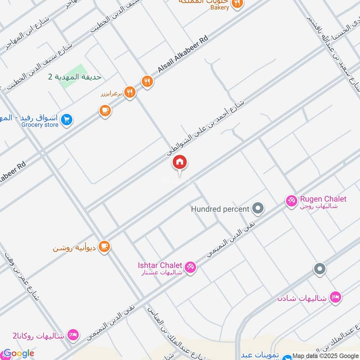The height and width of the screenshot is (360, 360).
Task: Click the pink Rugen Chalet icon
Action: pos(292,201)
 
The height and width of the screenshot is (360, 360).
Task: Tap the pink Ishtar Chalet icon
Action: pos(190,267)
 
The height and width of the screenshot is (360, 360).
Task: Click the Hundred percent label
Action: pos(220,209)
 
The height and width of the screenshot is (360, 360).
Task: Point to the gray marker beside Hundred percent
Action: pos(258,208)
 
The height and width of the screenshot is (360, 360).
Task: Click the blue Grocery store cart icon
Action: pos(67,120)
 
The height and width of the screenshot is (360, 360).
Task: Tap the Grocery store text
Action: pos(40,125)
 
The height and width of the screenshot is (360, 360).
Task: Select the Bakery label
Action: pos(220,7)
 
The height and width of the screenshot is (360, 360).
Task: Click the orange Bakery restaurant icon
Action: pos(237,4)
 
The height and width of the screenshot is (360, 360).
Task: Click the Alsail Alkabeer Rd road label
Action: pos(184,54)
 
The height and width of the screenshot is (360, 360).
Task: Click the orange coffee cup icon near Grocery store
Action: pos(105,110)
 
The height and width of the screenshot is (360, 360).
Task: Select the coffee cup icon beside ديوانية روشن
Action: pos(104,247)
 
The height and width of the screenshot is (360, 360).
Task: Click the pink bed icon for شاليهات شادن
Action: pos(335,297)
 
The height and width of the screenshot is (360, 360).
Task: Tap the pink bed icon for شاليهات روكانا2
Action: pos(73,335)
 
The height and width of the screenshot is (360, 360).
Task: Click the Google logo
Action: pos(18,353)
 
